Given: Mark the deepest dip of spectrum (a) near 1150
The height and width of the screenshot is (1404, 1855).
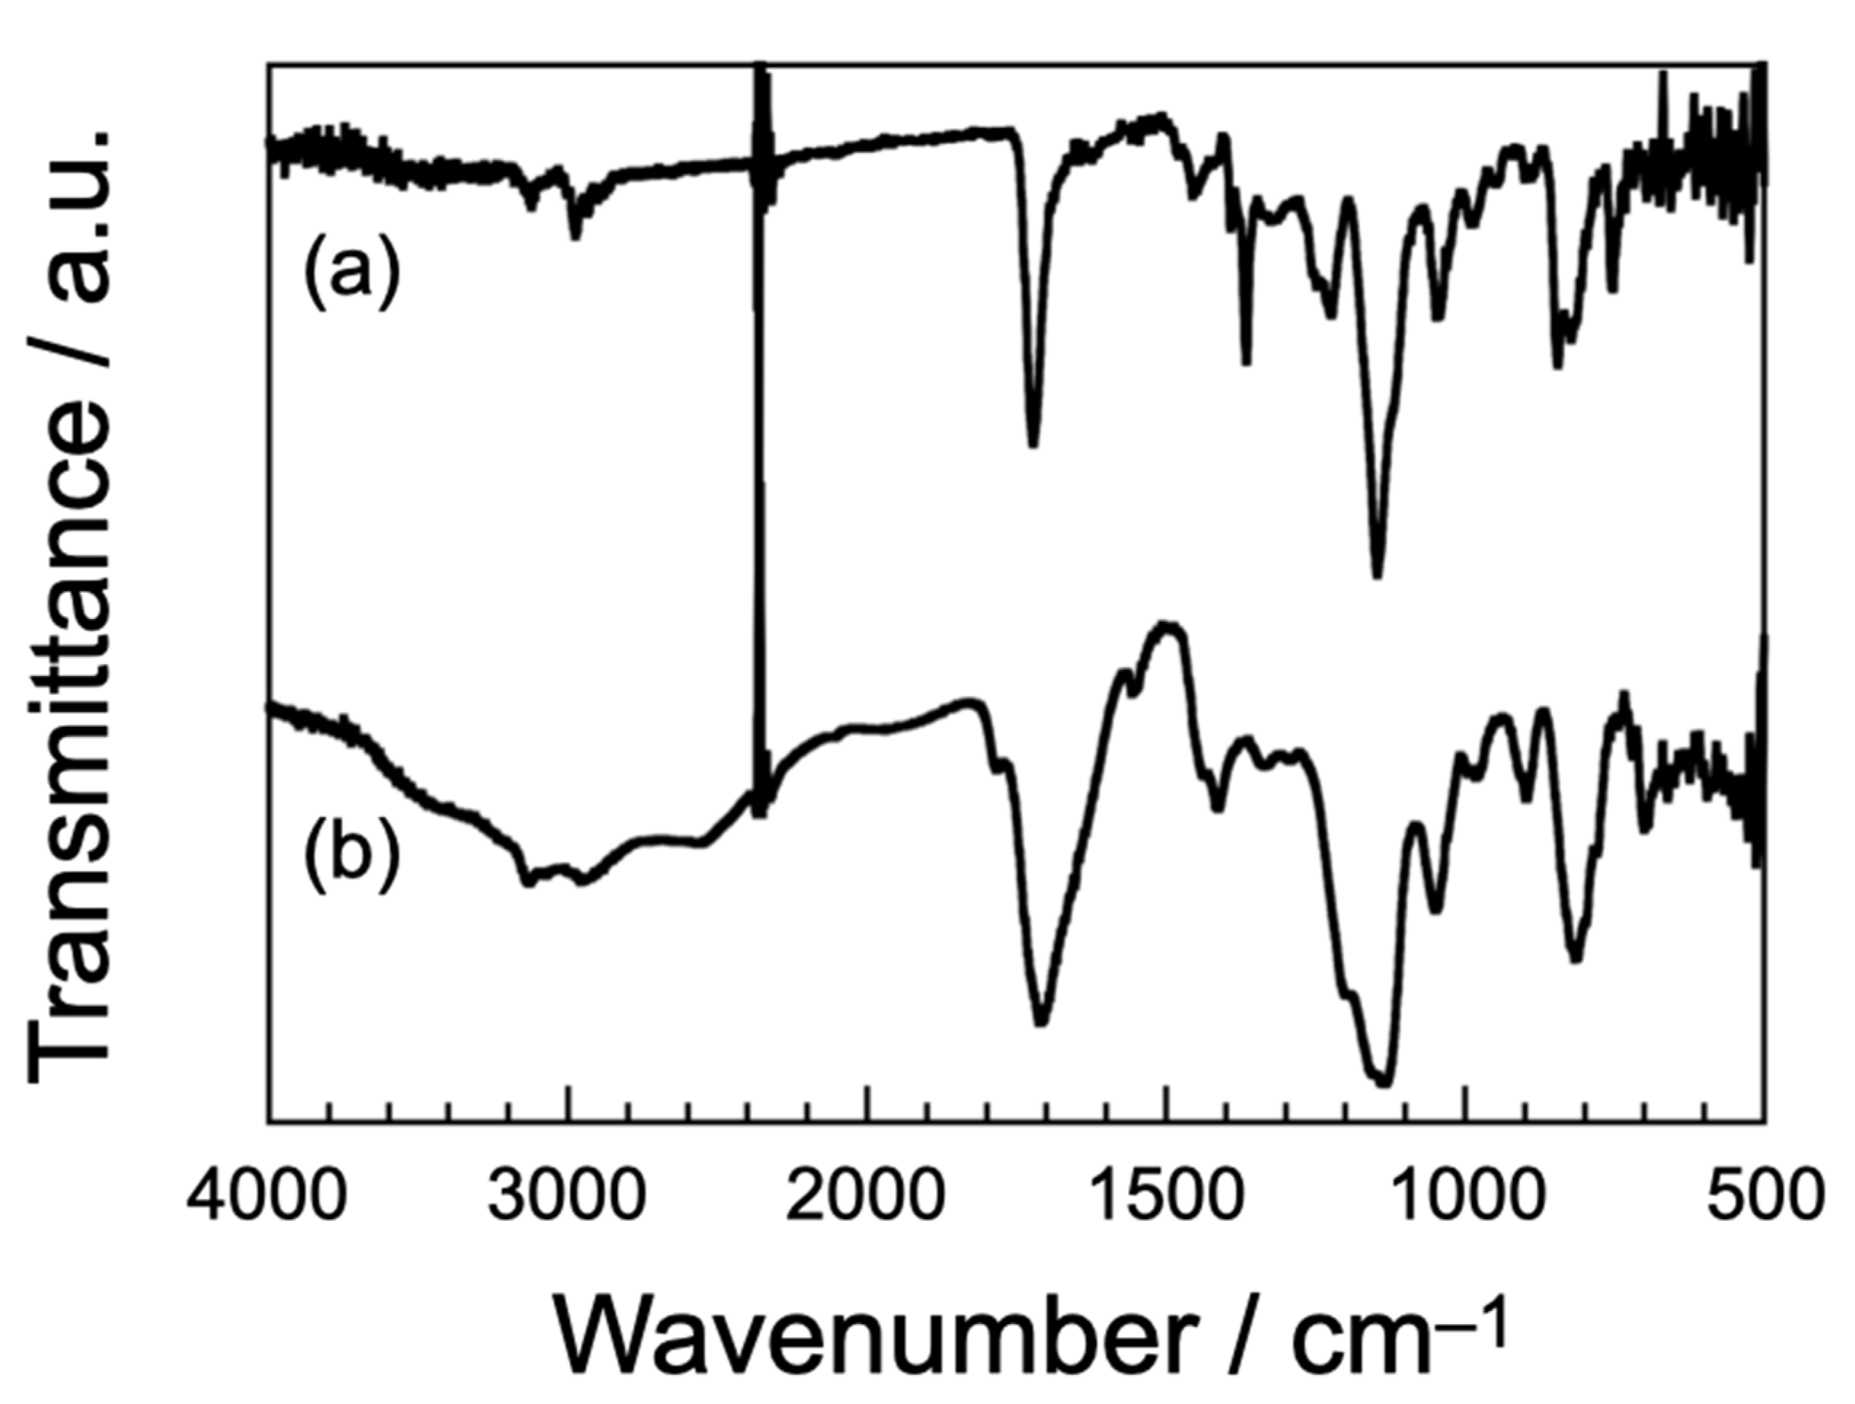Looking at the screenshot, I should (x=1376, y=575).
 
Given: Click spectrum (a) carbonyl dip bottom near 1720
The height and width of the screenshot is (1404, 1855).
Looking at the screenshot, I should (x=1033, y=445).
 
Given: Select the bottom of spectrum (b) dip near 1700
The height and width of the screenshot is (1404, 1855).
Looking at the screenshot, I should (x=1041, y=1024).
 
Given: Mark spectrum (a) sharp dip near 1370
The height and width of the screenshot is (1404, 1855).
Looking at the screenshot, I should (x=1246, y=362).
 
